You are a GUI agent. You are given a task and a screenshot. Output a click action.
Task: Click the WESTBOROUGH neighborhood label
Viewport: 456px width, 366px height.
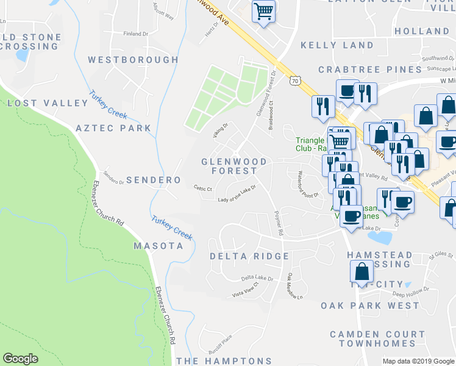[x=133, y=60]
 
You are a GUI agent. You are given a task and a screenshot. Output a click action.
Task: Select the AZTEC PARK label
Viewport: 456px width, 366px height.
[x=113, y=129]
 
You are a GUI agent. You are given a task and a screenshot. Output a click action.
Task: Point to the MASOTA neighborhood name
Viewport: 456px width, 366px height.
[x=158, y=246]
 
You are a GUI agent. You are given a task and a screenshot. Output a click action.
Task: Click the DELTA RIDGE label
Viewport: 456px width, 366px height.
[x=249, y=256]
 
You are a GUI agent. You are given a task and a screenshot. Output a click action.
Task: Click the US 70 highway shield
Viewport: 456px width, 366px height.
[x=295, y=80]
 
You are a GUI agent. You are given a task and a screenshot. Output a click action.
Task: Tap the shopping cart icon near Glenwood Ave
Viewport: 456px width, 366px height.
[x=263, y=11]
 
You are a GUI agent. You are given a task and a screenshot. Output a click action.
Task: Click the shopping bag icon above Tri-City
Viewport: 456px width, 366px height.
[x=362, y=271]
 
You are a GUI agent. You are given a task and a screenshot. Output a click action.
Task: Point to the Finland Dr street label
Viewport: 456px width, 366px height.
[x=136, y=34]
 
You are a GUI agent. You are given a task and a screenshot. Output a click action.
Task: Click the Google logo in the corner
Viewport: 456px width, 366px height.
[x=20, y=359]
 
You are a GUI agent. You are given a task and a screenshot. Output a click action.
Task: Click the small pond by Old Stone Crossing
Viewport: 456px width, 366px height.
[x=23, y=55]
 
